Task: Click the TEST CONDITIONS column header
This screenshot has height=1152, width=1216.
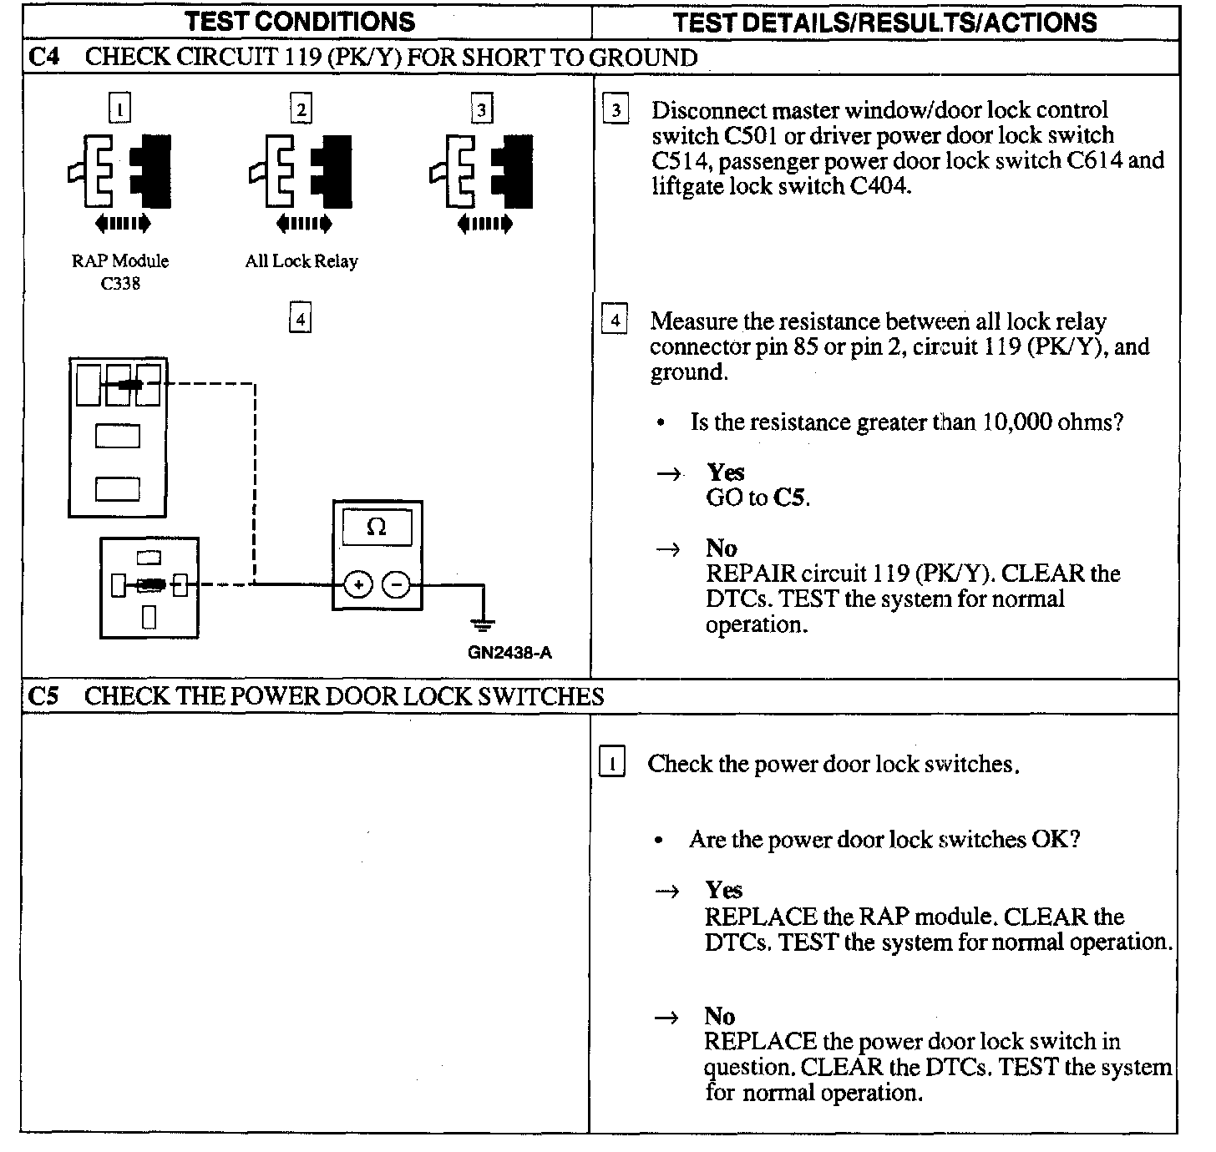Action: click(x=301, y=21)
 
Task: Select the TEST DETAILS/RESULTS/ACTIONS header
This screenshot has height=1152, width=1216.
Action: click(x=884, y=22)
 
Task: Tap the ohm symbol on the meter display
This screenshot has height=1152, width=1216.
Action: click(x=377, y=528)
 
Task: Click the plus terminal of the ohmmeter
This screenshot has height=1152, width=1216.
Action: click(x=358, y=585)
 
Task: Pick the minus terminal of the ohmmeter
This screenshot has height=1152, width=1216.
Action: click(x=396, y=585)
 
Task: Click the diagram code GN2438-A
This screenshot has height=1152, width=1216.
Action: click(x=509, y=652)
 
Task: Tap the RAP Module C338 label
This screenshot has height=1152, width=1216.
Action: click(x=120, y=272)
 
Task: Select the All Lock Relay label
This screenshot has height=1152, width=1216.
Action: click(x=301, y=261)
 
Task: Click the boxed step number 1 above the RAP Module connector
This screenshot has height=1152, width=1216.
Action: click(x=121, y=108)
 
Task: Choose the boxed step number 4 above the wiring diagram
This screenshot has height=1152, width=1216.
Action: click(x=300, y=319)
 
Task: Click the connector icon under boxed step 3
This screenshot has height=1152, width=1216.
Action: click(x=481, y=171)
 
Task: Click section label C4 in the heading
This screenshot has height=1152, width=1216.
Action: click(x=43, y=57)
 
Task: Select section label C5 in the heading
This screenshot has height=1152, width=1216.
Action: click(x=43, y=695)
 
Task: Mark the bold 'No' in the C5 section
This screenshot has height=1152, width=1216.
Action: click(x=719, y=1016)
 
